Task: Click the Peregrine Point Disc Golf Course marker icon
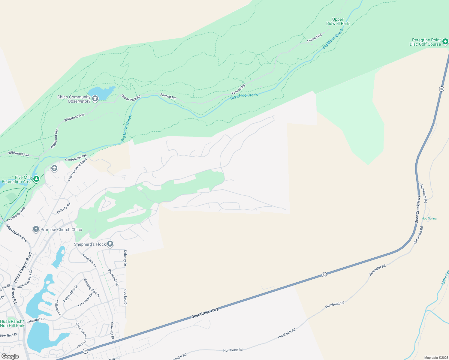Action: coord(445,42)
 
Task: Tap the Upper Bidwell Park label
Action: coord(338,21)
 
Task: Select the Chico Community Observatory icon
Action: coord(95,99)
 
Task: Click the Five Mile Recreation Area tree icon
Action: coord(36,179)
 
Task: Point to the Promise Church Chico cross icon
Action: coord(36,229)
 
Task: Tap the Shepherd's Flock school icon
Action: coord(110,244)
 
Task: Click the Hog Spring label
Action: coord(429,218)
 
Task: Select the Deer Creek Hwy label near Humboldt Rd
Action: coord(418,209)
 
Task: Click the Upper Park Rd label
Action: coord(131,98)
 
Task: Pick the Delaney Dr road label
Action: coord(125,258)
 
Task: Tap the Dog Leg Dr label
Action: coord(125,297)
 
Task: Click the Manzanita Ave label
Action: coord(17,233)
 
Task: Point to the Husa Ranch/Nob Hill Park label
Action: coord(12,323)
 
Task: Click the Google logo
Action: coord(10,356)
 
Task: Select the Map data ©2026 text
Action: coord(436,358)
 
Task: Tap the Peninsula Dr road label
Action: coord(113,277)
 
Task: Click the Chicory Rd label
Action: coord(64,208)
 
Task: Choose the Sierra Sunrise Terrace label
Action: coord(81,334)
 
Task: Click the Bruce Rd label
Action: coord(14,296)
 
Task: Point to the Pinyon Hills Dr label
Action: coord(71,293)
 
